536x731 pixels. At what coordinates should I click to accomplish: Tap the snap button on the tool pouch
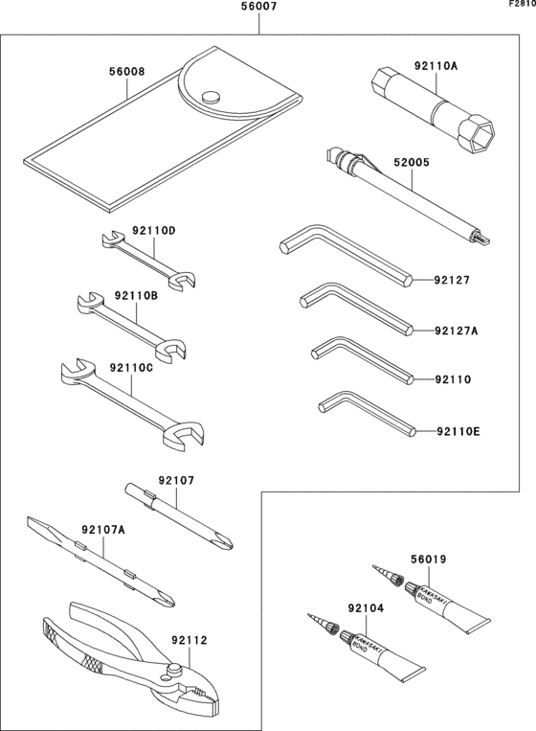[212, 95]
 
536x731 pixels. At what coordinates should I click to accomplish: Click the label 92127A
[456, 331]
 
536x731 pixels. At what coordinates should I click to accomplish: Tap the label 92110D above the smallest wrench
[154, 231]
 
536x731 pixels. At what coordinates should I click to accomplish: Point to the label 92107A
[103, 530]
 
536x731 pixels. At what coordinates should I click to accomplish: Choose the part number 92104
[367, 608]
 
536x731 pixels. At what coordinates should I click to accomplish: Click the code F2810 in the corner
[522, 5]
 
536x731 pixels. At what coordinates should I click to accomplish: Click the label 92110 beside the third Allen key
[452, 379]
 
